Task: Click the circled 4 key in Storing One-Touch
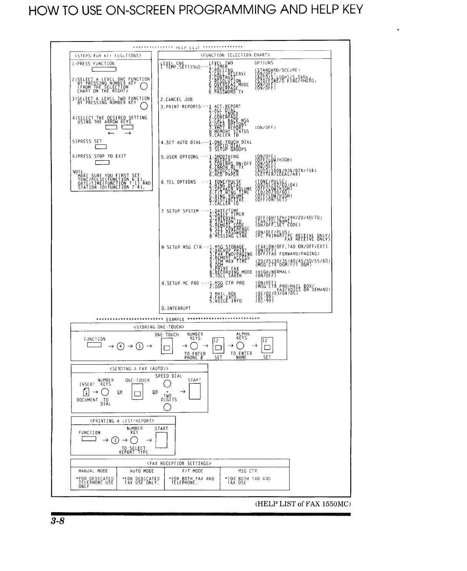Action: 121,345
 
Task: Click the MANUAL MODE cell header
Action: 93,471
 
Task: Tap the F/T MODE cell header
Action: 192,471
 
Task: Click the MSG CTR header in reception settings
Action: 248,471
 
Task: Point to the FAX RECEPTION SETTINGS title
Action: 179,463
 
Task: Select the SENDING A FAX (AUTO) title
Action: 139,369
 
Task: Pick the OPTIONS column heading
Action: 264,63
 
